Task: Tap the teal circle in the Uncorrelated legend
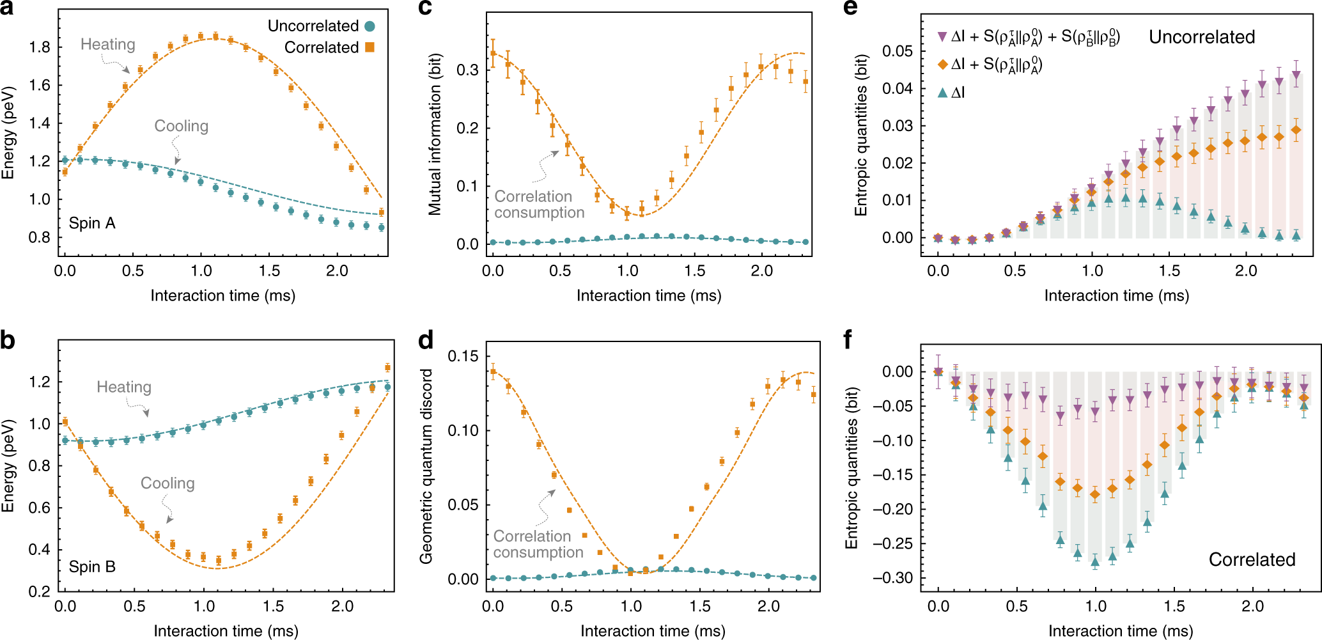[x=369, y=26]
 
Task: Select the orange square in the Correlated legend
[x=369, y=47]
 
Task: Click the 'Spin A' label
[x=92, y=223]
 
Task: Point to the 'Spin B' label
[x=92, y=566]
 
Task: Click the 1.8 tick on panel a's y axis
[x=40, y=47]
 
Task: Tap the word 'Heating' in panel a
[x=108, y=44]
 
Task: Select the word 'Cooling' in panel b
[x=167, y=483]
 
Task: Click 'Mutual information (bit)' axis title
[x=435, y=134]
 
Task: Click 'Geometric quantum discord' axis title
[x=426, y=466]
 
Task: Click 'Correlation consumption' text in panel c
[x=539, y=205]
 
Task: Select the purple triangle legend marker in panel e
[x=942, y=37]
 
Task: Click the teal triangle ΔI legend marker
[x=942, y=93]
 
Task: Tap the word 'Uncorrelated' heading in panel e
[x=1202, y=37]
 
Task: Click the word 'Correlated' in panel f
[x=1252, y=559]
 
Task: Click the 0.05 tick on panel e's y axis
[x=898, y=51]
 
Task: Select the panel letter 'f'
[x=848, y=340]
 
